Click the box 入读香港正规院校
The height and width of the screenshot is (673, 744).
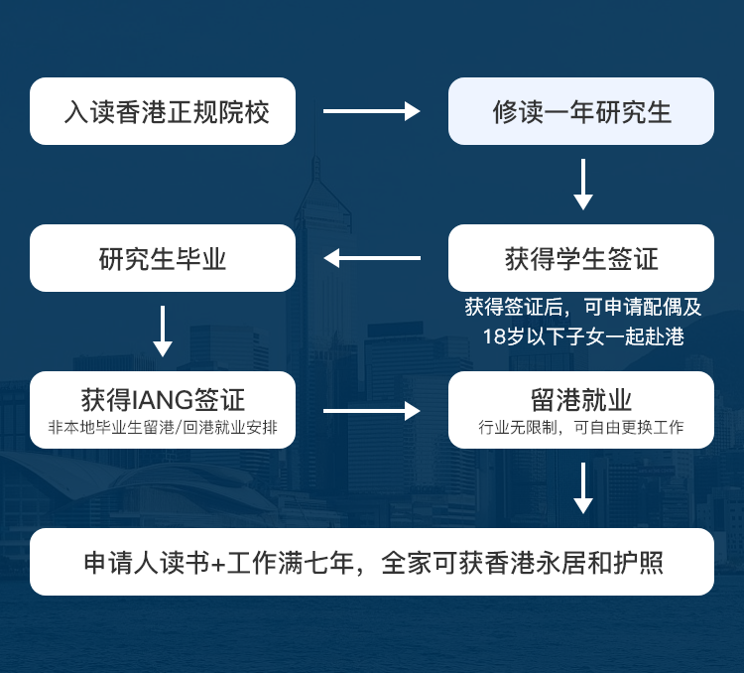tap(163, 111)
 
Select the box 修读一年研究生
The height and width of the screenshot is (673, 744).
tap(580, 111)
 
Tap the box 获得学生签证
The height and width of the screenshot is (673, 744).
tap(580, 258)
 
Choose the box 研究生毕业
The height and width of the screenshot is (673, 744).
tap(163, 258)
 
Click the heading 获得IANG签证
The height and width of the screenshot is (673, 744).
tap(163, 399)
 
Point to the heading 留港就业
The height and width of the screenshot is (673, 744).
tap(581, 399)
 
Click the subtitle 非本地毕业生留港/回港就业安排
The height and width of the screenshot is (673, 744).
tap(163, 428)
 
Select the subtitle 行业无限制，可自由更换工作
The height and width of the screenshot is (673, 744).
tap(580, 428)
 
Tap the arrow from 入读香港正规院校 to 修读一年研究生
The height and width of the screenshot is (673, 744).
tap(372, 111)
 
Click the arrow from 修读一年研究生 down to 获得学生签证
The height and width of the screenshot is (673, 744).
tap(582, 185)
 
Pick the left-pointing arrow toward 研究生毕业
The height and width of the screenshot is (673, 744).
tap(372, 258)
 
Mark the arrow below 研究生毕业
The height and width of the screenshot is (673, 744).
tap(163, 331)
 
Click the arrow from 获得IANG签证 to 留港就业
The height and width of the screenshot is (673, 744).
tap(372, 410)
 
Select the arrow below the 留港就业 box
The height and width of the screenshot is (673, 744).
tap(582, 487)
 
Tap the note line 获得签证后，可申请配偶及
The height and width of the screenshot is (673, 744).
tap(582, 307)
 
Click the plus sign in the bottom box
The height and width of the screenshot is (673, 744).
tap(218, 564)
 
